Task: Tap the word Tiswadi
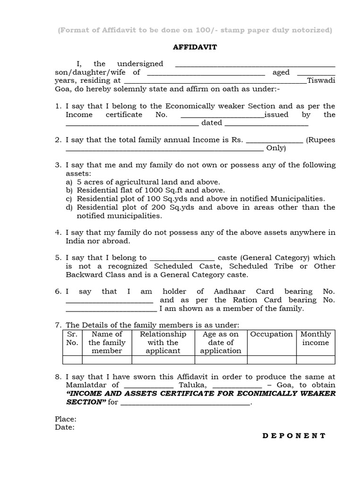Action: (x=321, y=80)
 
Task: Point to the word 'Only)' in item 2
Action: (x=276, y=148)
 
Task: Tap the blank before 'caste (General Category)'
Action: (x=182, y=259)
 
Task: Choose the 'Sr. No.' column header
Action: (x=72, y=338)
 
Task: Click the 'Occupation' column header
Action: (x=271, y=334)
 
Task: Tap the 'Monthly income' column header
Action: (x=315, y=338)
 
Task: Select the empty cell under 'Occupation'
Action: (x=271, y=360)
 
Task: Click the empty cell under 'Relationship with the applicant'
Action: (x=163, y=360)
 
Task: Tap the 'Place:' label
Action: (x=66, y=419)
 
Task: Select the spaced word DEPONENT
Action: (x=294, y=436)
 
